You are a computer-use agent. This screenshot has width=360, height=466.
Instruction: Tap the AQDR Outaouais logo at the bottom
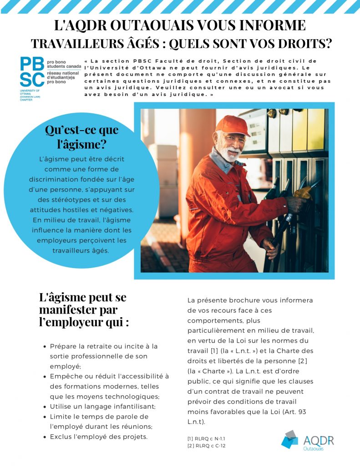pyautogui.click(x=308, y=441)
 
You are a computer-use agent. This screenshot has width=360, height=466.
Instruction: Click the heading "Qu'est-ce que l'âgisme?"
pyautogui.click(x=81, y=137)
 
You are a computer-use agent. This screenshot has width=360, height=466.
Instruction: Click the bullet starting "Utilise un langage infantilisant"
pyautogui.click(x=102, y=406)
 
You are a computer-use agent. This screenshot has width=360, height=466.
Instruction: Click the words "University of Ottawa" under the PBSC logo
pyautogui.click(x=29, y=93)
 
